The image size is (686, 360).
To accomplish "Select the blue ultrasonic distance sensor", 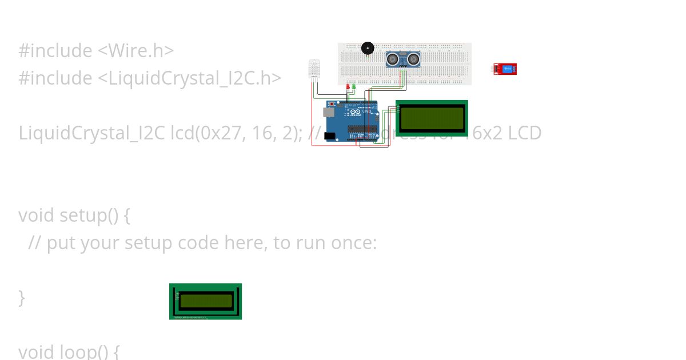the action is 402,59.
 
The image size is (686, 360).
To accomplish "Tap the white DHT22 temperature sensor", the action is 314,69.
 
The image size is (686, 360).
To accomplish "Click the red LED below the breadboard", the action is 348,87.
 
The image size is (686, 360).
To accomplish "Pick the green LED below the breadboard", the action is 354,87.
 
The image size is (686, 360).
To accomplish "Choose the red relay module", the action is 505,69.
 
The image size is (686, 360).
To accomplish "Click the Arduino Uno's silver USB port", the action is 330,113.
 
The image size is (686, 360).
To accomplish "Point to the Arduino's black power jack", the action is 329,136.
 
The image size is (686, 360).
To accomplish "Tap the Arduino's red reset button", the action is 330,104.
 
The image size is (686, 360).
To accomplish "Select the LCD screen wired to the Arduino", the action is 432,118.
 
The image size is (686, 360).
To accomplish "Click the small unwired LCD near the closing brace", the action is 205,301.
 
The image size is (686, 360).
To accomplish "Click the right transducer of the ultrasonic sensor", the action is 412,58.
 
